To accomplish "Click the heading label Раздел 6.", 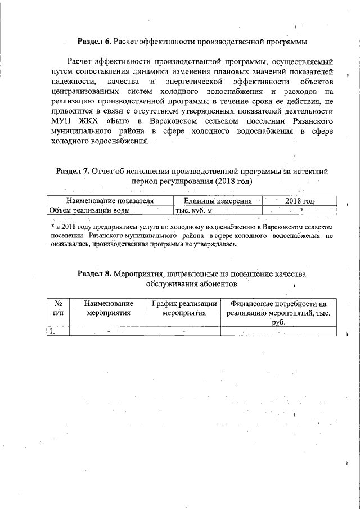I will pos(94,42).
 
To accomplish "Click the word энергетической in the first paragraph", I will pos(178,82).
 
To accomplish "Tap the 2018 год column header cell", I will pos(299,201).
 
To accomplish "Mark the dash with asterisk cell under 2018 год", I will pos(299,210).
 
